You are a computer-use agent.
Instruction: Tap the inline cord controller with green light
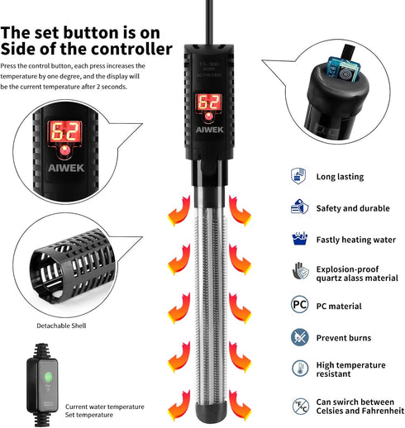click(x=45, y=379)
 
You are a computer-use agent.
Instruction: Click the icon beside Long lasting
click(x=298, y=176)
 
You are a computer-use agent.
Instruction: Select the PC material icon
click(x=298, y=305)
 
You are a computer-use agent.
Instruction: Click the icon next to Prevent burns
click(x=298, y=337)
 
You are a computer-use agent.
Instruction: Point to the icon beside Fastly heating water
click(x=298, y=240)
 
